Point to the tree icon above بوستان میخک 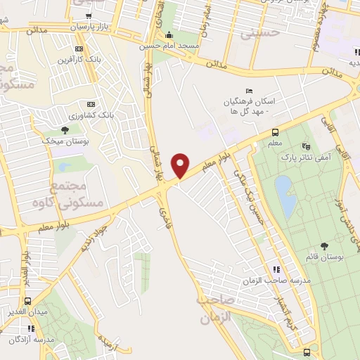[65, 130]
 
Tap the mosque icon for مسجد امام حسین [167, 36]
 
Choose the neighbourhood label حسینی [256, 32]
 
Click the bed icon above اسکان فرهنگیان [248, 91]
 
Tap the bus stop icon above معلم [275, 132]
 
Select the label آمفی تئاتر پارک [306, 160]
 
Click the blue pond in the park [284, 195]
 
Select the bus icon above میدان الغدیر [28, 299]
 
